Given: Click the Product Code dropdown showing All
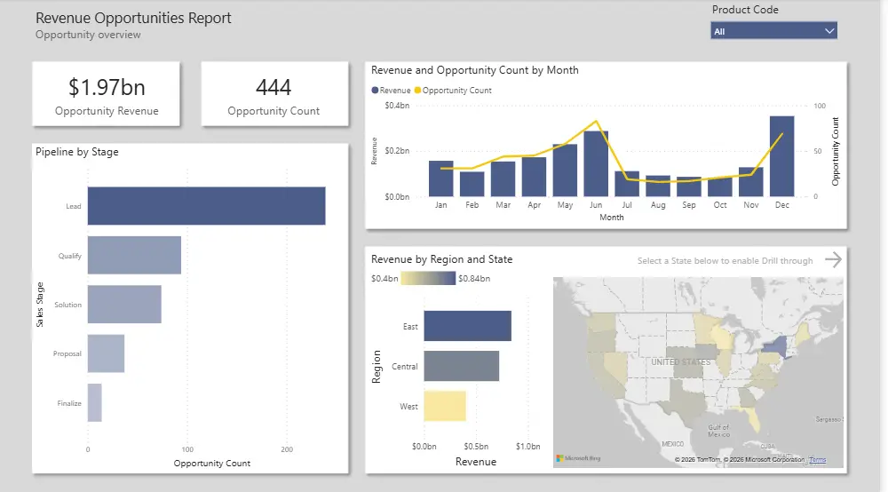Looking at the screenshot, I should pyautogui.click(x=773, y=31).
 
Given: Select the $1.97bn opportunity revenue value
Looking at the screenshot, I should pyautogui.click(x=107, y=87).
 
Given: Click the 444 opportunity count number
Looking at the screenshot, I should pyautogui.click(x=274, y=87).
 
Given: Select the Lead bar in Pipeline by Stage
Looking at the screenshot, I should pyautogui.click(x=206, y=206).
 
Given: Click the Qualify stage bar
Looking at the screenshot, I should pyautogui.click(x=134, y=256).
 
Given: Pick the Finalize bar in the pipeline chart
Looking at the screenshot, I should pyautogui.click(x=94, y=402).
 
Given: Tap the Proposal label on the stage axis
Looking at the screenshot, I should pyautogui.click(x=67, y=353).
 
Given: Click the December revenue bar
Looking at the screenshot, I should pyautogui.click(x=781, y=156).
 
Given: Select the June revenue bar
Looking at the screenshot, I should pyautogui.click(x=596, y=163).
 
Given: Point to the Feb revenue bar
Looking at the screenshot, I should pyautogui.click(x=472, y=184).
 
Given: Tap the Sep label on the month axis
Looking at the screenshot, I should pyautogui.click(x=689, y=205).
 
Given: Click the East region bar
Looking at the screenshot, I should pyautogui.click(x=467, y=326).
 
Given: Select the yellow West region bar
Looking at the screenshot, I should pyautogui.click(x=444, y=406).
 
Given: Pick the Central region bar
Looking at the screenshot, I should pyautogui.click(x=461, y=366).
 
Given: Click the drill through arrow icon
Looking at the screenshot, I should pyautogui.click(x=832, y=259).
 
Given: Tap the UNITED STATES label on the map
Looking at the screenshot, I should pyautogui.click(x=680, y=362).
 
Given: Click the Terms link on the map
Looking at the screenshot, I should pyautogui.click(x=817, y=460).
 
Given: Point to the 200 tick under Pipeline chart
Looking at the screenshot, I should pyautogui.click(x=286, y=449).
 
